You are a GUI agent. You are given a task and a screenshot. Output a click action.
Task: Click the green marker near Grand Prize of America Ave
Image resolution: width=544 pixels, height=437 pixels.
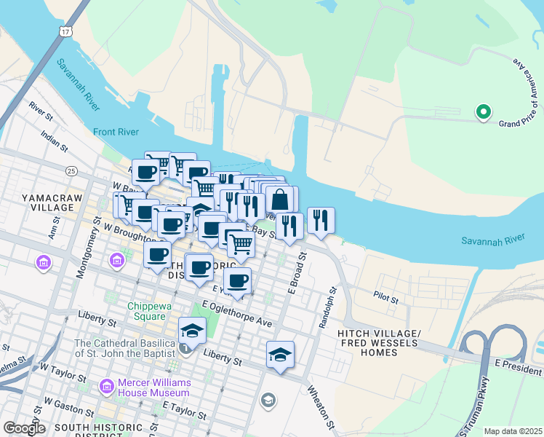pos(482,112)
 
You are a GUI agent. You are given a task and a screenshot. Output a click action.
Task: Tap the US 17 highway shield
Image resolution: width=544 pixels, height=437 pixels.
pos(65,32)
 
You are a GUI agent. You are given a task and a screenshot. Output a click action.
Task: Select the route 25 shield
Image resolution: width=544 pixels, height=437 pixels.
pos(71,170)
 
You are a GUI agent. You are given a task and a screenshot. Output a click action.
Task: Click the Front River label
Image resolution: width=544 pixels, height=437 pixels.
pos(115,132)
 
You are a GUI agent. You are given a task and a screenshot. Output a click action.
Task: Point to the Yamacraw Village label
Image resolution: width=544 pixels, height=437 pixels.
pos(47,202)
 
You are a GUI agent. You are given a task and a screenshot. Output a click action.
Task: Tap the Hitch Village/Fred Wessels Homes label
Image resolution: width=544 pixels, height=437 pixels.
pos(378,342)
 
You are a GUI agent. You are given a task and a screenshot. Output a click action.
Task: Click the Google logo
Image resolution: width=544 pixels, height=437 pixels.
pos(24,428)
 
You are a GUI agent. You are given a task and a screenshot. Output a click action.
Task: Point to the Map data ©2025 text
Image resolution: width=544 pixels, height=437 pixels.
pos(512,431)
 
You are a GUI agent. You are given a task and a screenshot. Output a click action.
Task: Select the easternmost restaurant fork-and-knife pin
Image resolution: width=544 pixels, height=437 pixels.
pos(321,219)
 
